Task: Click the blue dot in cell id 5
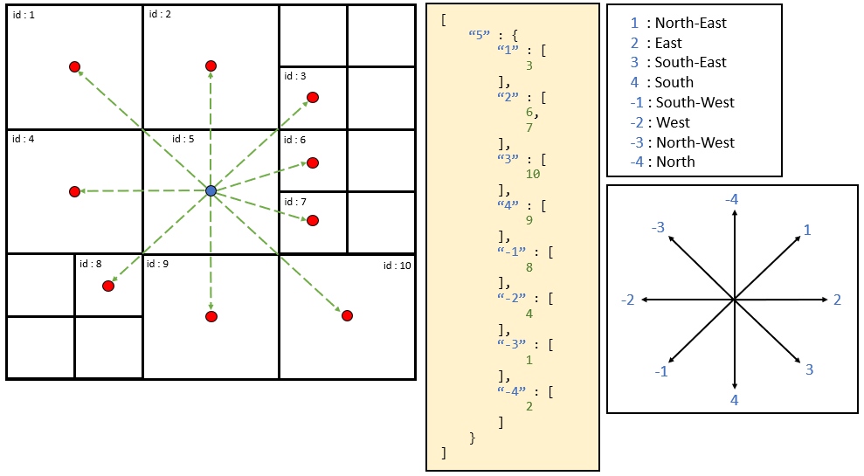coord(211,190)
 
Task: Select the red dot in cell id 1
coord(75,66)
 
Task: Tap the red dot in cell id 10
coord(347,315)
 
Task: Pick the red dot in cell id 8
coord(108,286)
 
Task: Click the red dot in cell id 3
coord(312,98)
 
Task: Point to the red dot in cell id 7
coord(312,220)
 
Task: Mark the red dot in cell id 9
coord(211,316)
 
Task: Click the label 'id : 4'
coord(24,139)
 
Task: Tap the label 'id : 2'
coord(160,15)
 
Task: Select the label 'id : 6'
coord(295,140)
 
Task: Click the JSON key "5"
coord(478,35)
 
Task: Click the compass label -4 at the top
coord(732,200)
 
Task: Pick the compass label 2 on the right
coord(837,300)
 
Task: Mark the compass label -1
coord(661,371)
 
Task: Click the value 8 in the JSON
coord(529,267)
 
